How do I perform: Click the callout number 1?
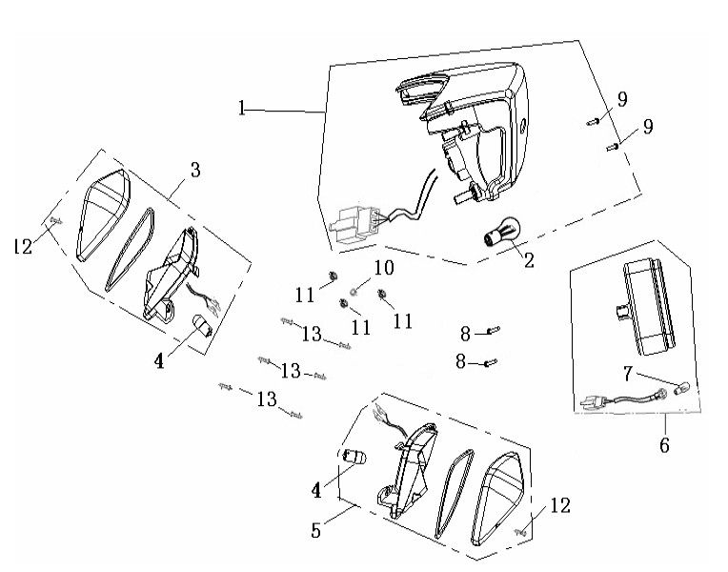pyautogui.click(x=243, y=109)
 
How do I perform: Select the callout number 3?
pyautogui.click(x=194, y=172)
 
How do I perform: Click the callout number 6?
pyautogui.click(x=664, y=444)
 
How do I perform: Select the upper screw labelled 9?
pyautogui.click(x=591, y=120)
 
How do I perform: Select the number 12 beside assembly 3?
pyautogui.click(x=24, y=246)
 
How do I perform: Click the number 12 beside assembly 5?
pyautogui.click(x=560, y=506)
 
